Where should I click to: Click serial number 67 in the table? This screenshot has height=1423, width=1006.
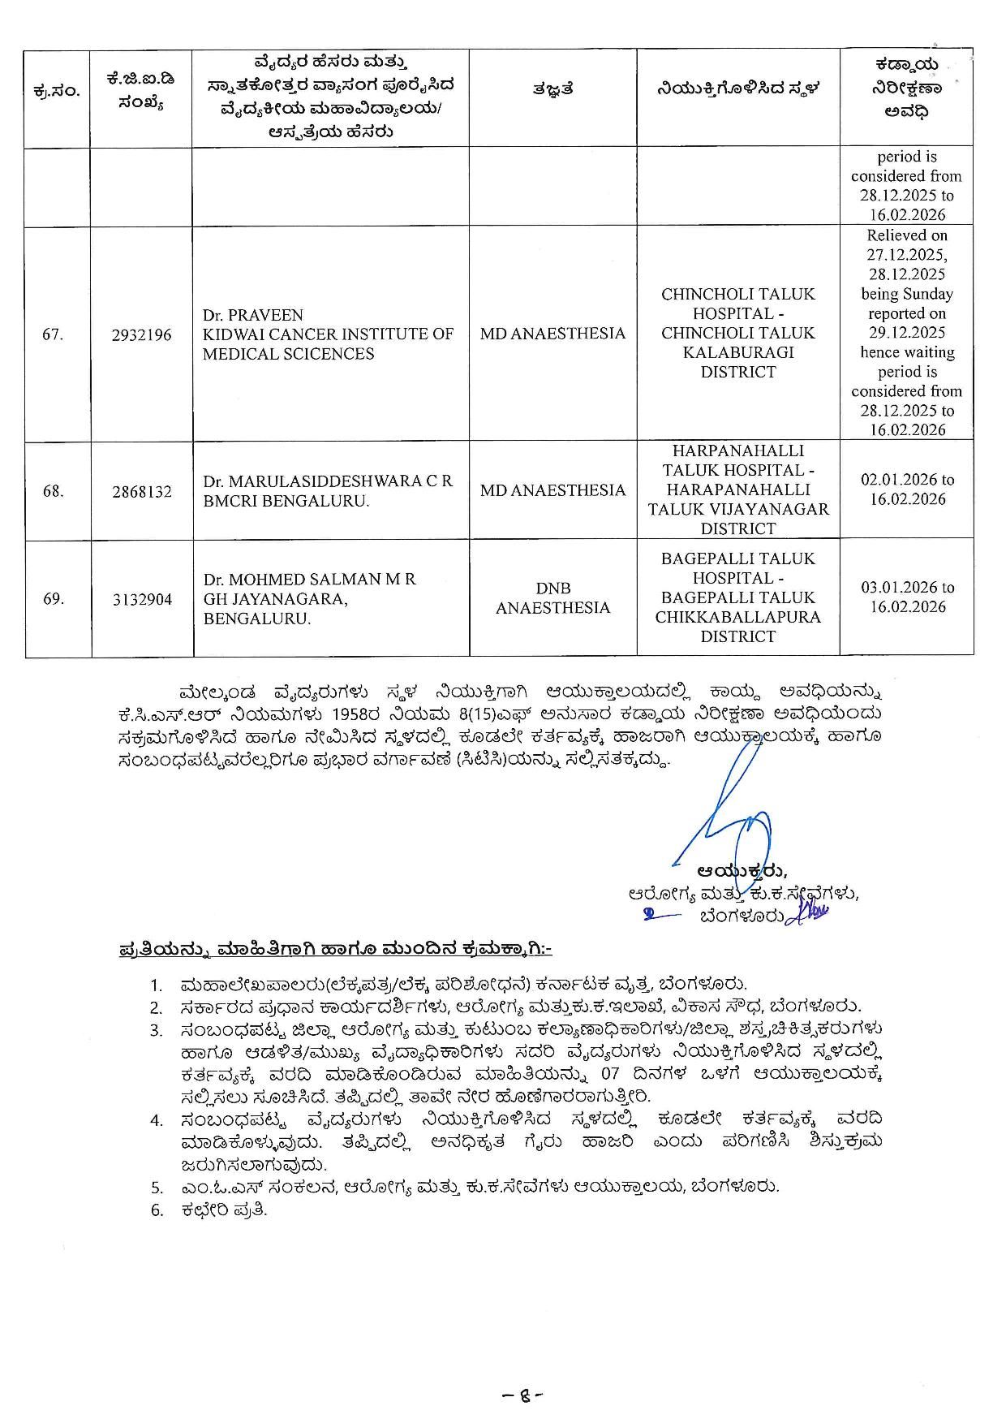click(x=54, y=334)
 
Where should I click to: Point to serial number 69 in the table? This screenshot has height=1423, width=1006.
click(x=54, y=599)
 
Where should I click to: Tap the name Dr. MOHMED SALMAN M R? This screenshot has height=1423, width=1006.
click(x=309, y=580)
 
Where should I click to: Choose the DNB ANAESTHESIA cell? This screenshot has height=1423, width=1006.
click(x=552, y=598)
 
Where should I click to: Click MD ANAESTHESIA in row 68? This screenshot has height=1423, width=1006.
click(x=552, y=490)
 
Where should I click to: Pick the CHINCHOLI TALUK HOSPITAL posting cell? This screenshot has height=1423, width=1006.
click(x=737, y=333)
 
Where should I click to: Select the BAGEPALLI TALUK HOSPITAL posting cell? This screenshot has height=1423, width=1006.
click(x=737, y=597)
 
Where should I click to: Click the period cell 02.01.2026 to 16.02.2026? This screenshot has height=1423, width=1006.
click(x=907, y=489)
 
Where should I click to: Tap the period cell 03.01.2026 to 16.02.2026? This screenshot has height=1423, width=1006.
click(x=907, y=597)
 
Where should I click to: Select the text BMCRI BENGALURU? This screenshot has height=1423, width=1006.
click(x=286, y=501)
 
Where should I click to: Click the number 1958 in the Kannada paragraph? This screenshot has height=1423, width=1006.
click(x=353, y=714)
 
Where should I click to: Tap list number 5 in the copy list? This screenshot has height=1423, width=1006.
click(x=157, y=1187)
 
